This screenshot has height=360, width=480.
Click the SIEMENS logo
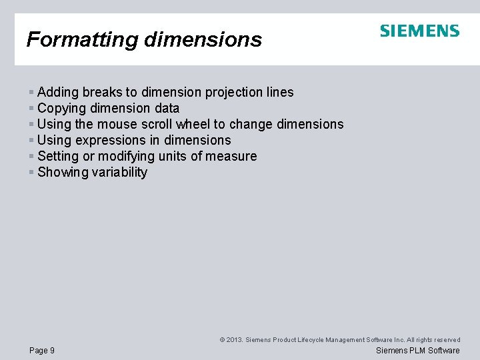(419, 31)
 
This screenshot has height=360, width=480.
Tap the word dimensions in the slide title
(202, 39)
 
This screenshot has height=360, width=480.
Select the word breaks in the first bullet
(103, 92)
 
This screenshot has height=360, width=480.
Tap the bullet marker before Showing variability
(31, 173)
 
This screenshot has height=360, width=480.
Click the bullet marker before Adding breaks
(31, 93)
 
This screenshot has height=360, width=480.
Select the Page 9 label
(42, 350)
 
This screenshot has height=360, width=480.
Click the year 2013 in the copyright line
(233, 340)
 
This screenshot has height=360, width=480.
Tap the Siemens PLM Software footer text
(418, 350)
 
